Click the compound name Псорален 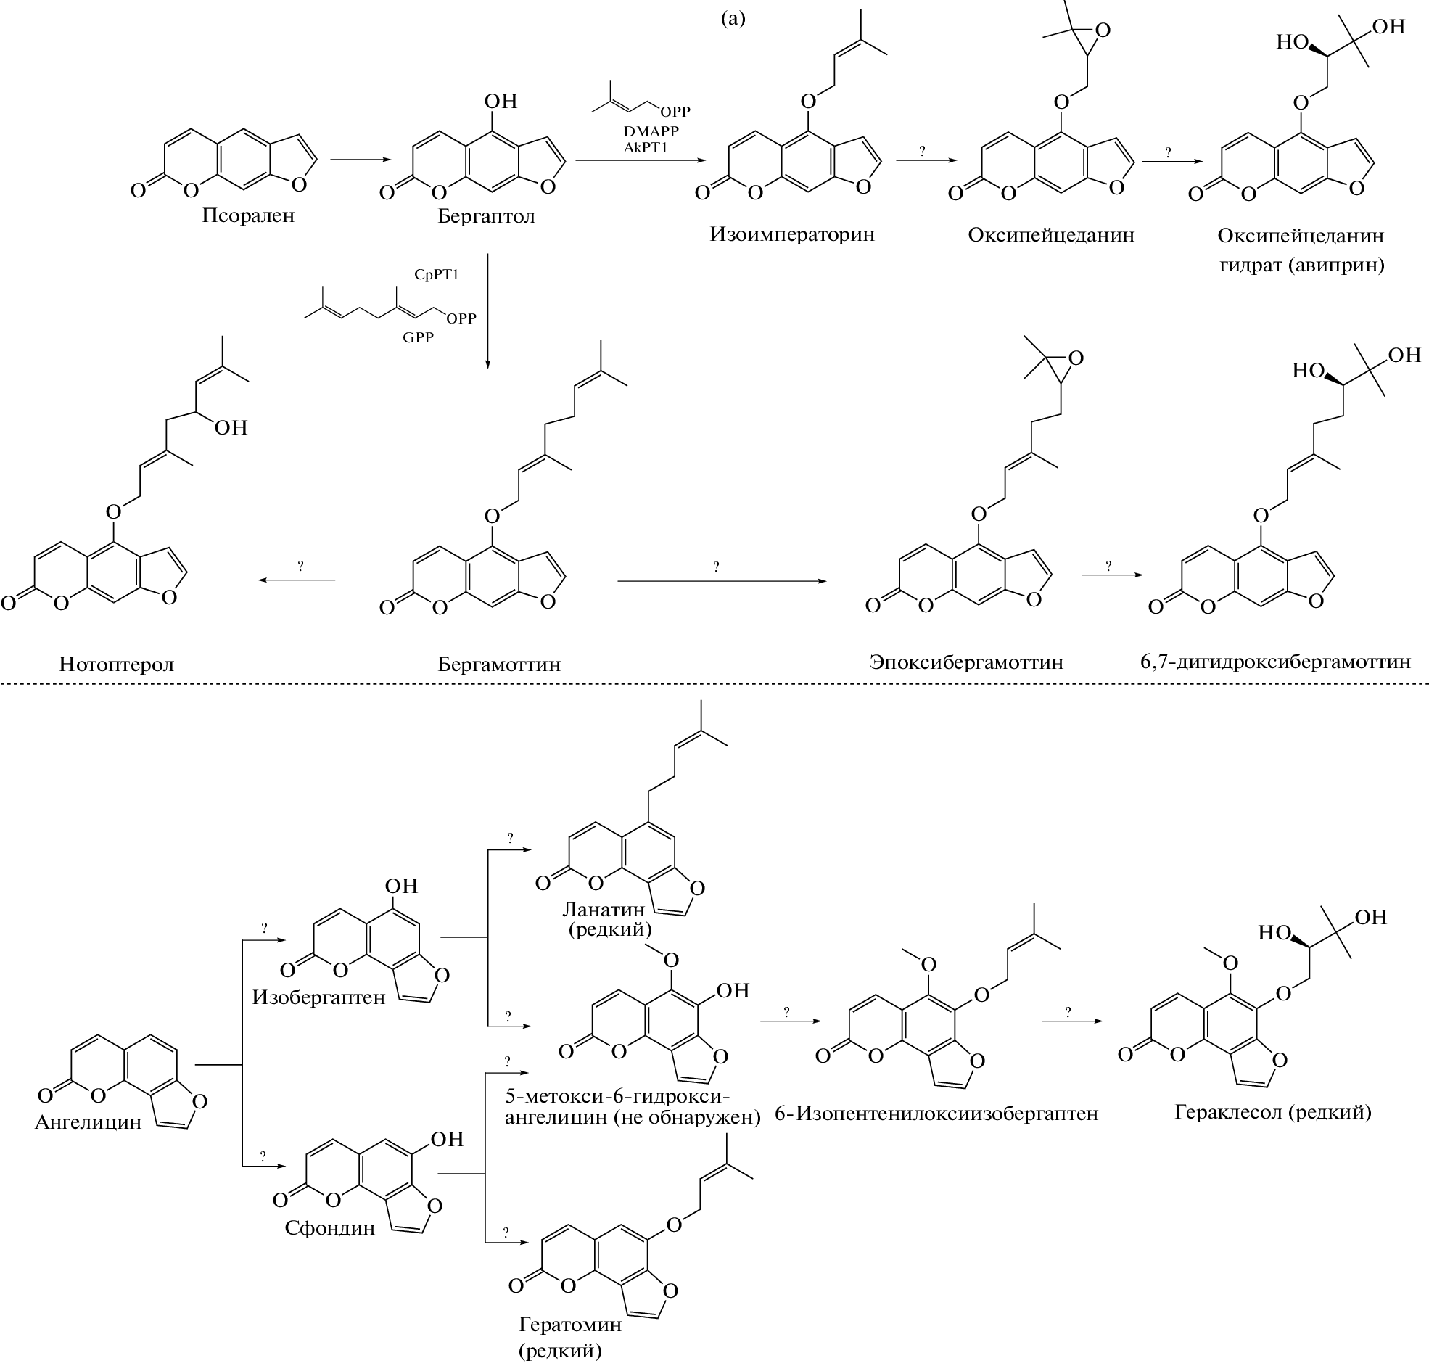coord(248,216)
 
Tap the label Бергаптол coord(486,216)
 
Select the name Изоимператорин coord(792,234)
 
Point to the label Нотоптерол coord(117,664)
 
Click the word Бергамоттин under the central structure coord(498,664)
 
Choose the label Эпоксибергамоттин coord(966,662)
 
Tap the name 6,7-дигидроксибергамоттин coord(1275,662)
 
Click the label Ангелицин coord(88,1122)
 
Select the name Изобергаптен coord(319,997)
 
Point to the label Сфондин coord(330,1228)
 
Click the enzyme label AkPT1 coord(646,147)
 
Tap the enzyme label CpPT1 coord(436,274)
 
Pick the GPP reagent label coord(418,337)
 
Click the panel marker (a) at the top coord(733,19)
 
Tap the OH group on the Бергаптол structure coord(500,102)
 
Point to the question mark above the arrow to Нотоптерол coord(300,566)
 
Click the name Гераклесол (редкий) coord(1272,1113)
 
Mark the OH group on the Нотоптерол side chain coord(231,427)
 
